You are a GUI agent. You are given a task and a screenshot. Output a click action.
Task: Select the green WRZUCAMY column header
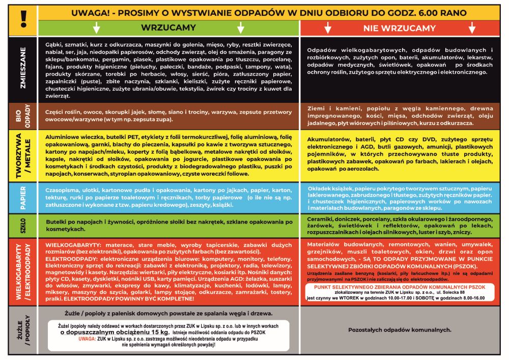[x=168, y=28]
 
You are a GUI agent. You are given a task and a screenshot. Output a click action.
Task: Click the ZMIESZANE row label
[x=23, y=69]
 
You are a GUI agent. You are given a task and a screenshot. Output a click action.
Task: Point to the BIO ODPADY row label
[x=23, y=116]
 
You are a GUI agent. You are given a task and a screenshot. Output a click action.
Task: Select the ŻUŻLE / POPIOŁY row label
[x=23, y=330]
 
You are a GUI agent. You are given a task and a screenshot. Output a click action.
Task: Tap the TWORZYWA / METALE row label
[x=23, y=155]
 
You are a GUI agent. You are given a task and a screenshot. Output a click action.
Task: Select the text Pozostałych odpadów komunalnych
[x=400, y=330]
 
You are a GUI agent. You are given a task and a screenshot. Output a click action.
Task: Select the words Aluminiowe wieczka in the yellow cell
[x=73, y=137]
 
